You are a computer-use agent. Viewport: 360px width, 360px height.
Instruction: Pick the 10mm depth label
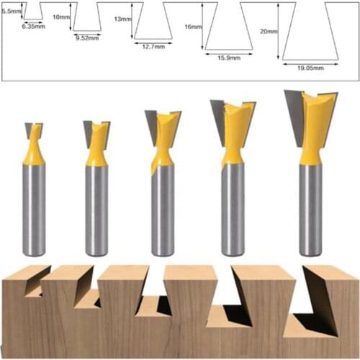[62, 16]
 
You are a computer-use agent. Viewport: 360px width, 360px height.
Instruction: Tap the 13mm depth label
[122, 19]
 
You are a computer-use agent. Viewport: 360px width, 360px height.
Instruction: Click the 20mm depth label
[268, 31]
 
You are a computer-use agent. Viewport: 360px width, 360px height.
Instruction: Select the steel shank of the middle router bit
[163, 209]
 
